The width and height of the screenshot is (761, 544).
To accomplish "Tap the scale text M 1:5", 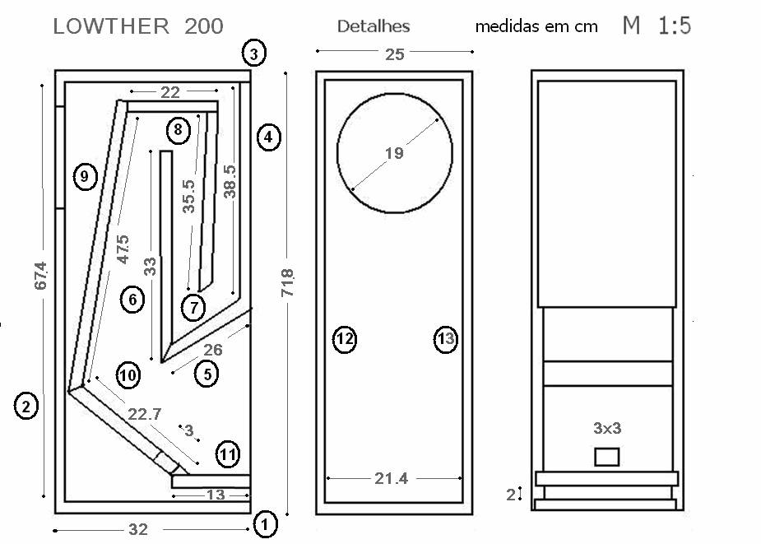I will (x=656, y=26).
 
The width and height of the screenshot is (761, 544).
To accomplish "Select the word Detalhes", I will (x=374, y=26).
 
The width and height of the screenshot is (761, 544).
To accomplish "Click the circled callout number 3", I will (x=253, y=54).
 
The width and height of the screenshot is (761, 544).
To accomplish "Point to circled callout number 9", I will (x=85, y=175).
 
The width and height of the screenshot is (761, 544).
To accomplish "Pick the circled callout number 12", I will (x=345, y=338).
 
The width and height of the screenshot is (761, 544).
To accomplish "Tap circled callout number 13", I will (x=445, y=338).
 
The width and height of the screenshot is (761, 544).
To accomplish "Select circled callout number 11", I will (x=228, y=453).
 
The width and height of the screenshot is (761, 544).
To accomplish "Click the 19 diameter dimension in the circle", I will (x=394, y=153).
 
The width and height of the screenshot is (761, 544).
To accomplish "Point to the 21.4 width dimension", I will (x=392, y=478).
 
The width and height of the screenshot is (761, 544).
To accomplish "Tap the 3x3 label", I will (x=607, y=428).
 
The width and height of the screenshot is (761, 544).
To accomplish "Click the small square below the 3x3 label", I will (x=607, y=456).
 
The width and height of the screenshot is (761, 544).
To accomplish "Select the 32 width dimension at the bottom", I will (x=137, y=530).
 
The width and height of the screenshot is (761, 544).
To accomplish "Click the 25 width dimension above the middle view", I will (x=394, y=54).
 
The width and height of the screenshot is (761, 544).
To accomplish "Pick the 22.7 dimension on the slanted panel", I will (x=143, y=415).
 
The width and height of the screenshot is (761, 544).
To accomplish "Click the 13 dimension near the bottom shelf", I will (x=215, y=495).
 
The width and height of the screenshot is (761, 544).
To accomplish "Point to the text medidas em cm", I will (x=536, y=26).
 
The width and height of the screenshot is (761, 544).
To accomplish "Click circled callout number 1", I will (x=265, y=523).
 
